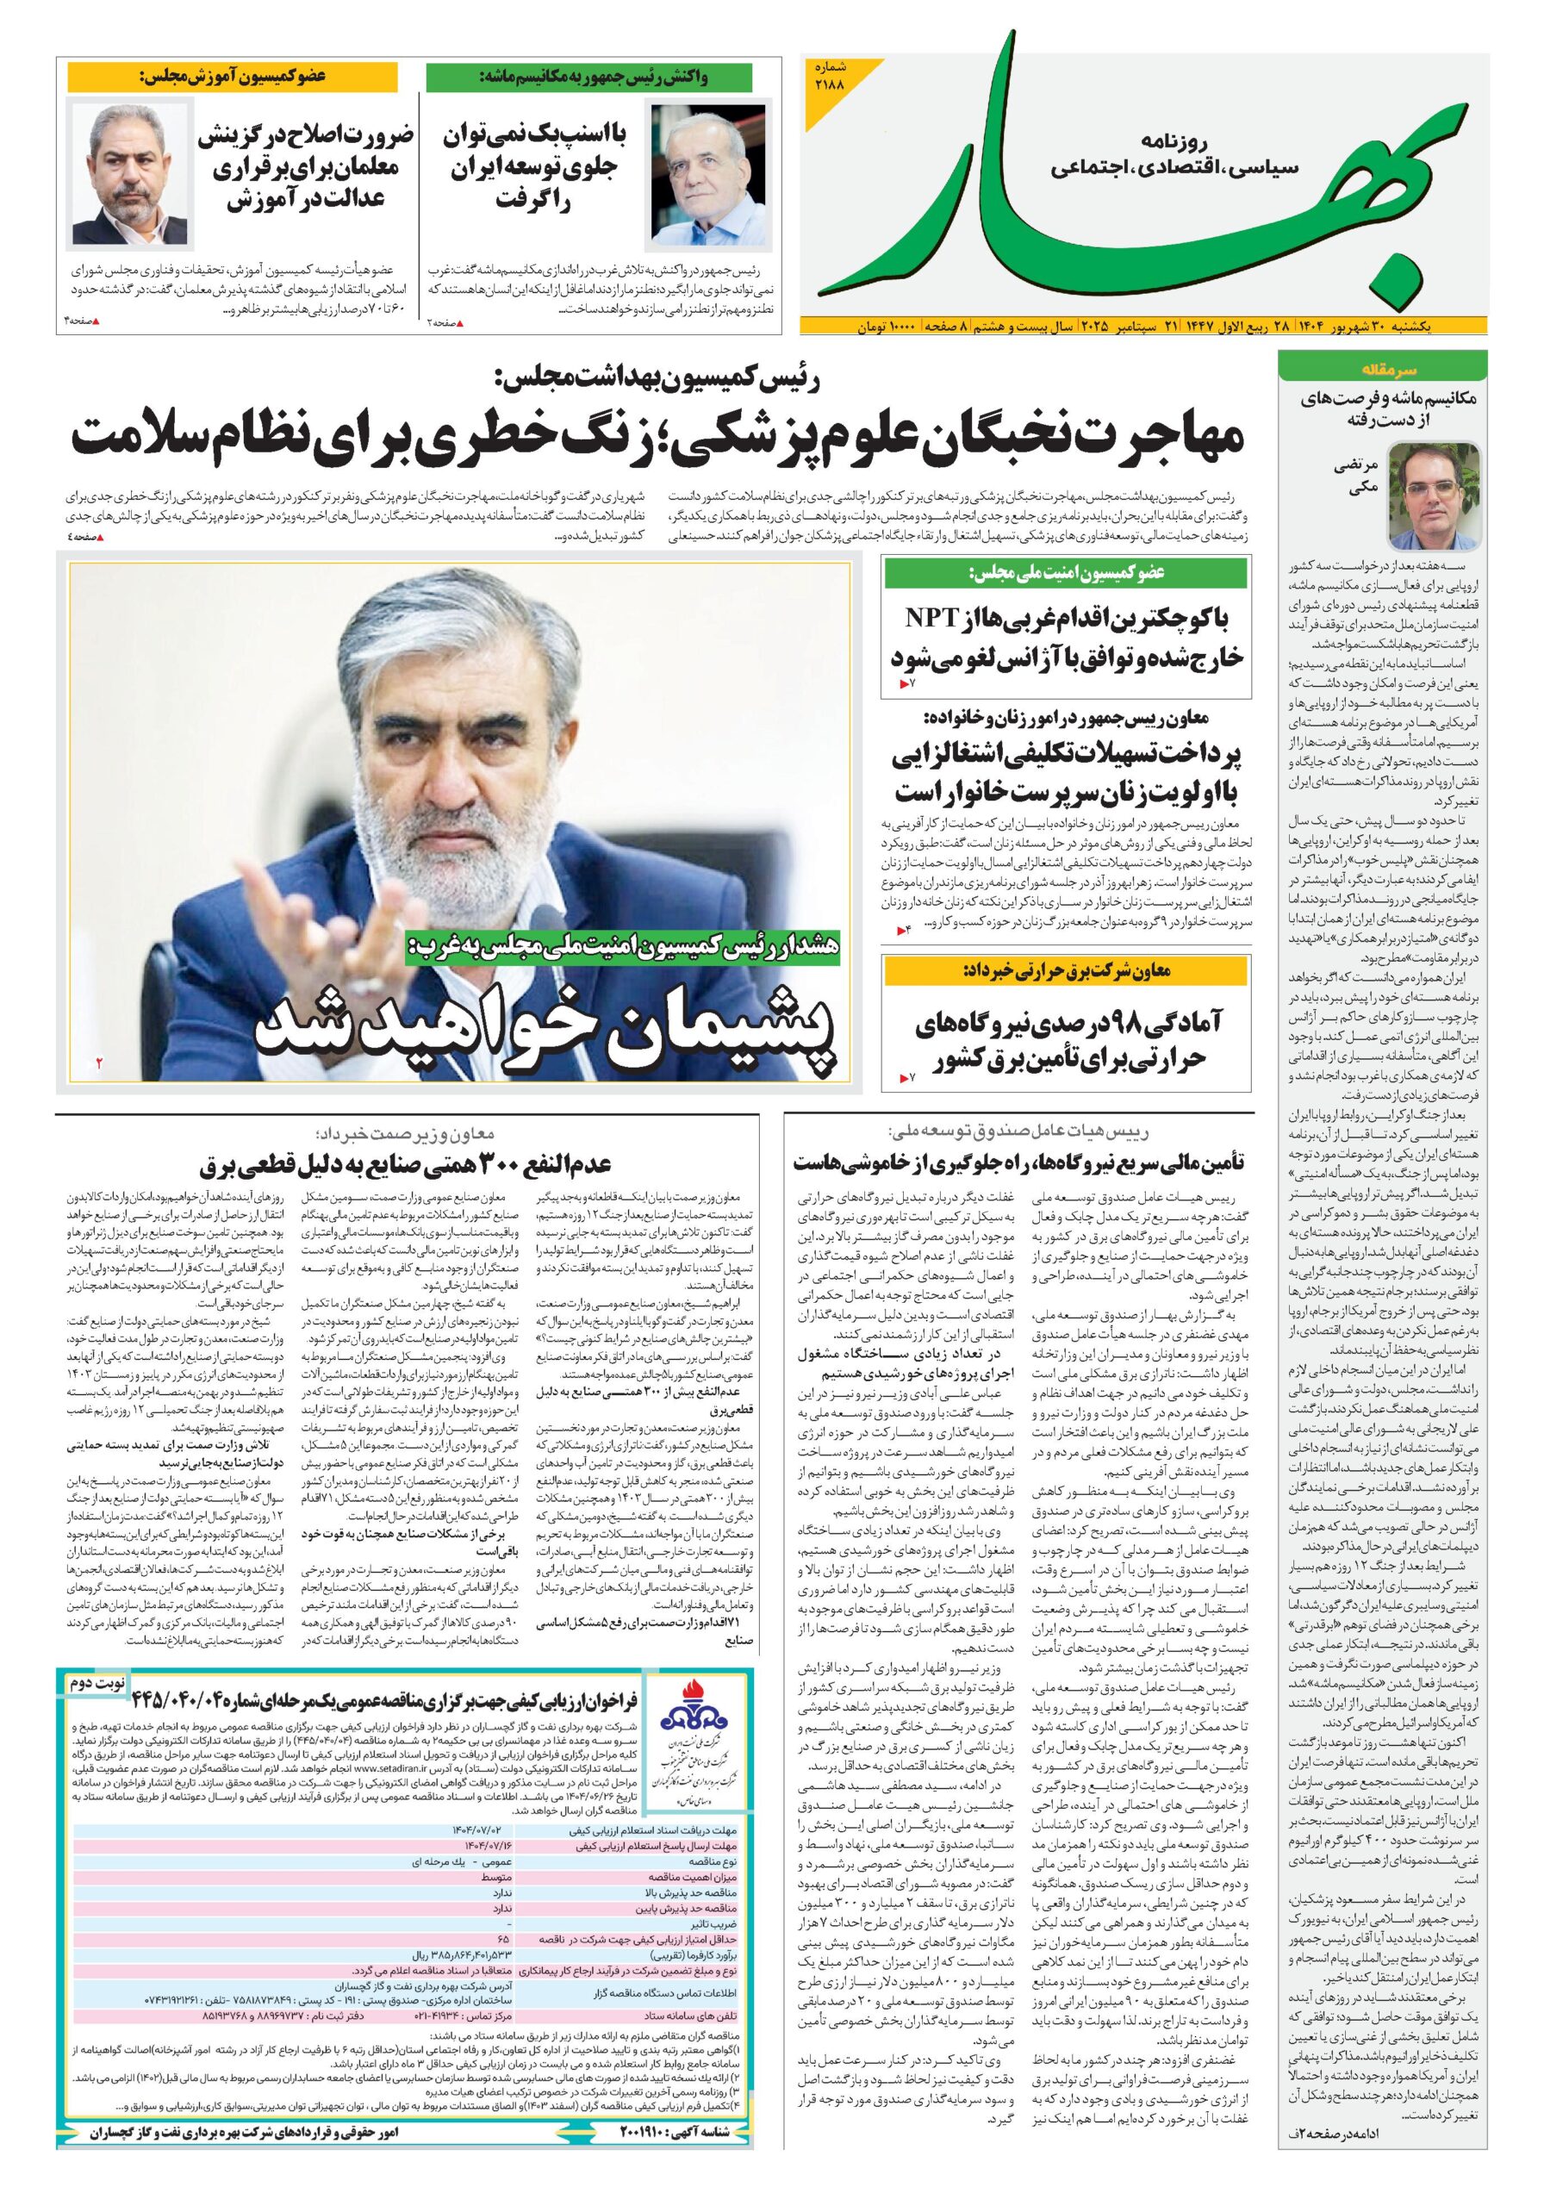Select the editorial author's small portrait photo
pos(1433,495)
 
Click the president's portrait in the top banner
pos(710,173)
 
